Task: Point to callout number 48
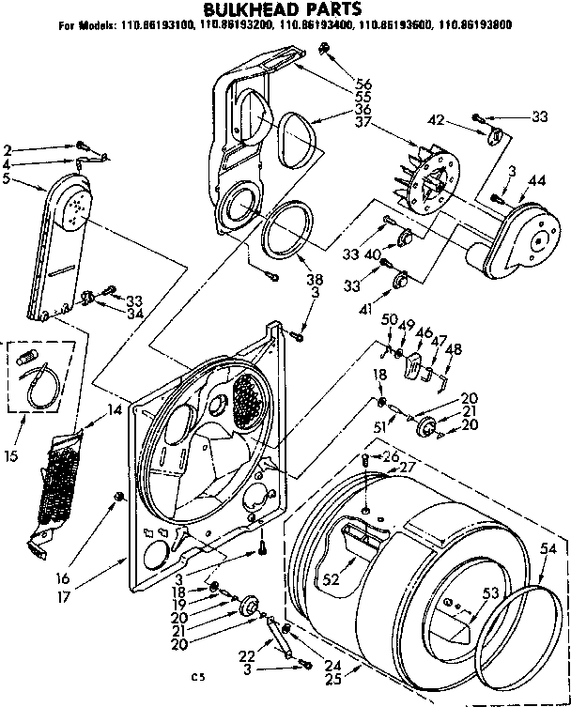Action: click(x=455, y=349)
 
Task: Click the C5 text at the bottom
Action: click(x=196, y=676)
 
